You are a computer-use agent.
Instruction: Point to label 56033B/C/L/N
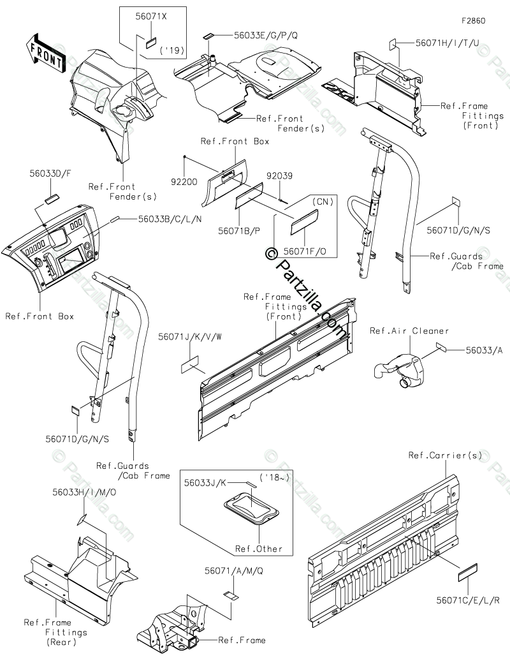170,218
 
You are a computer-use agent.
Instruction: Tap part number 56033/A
484,349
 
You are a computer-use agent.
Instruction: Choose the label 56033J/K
205,483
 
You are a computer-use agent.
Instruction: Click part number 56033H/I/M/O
84,492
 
